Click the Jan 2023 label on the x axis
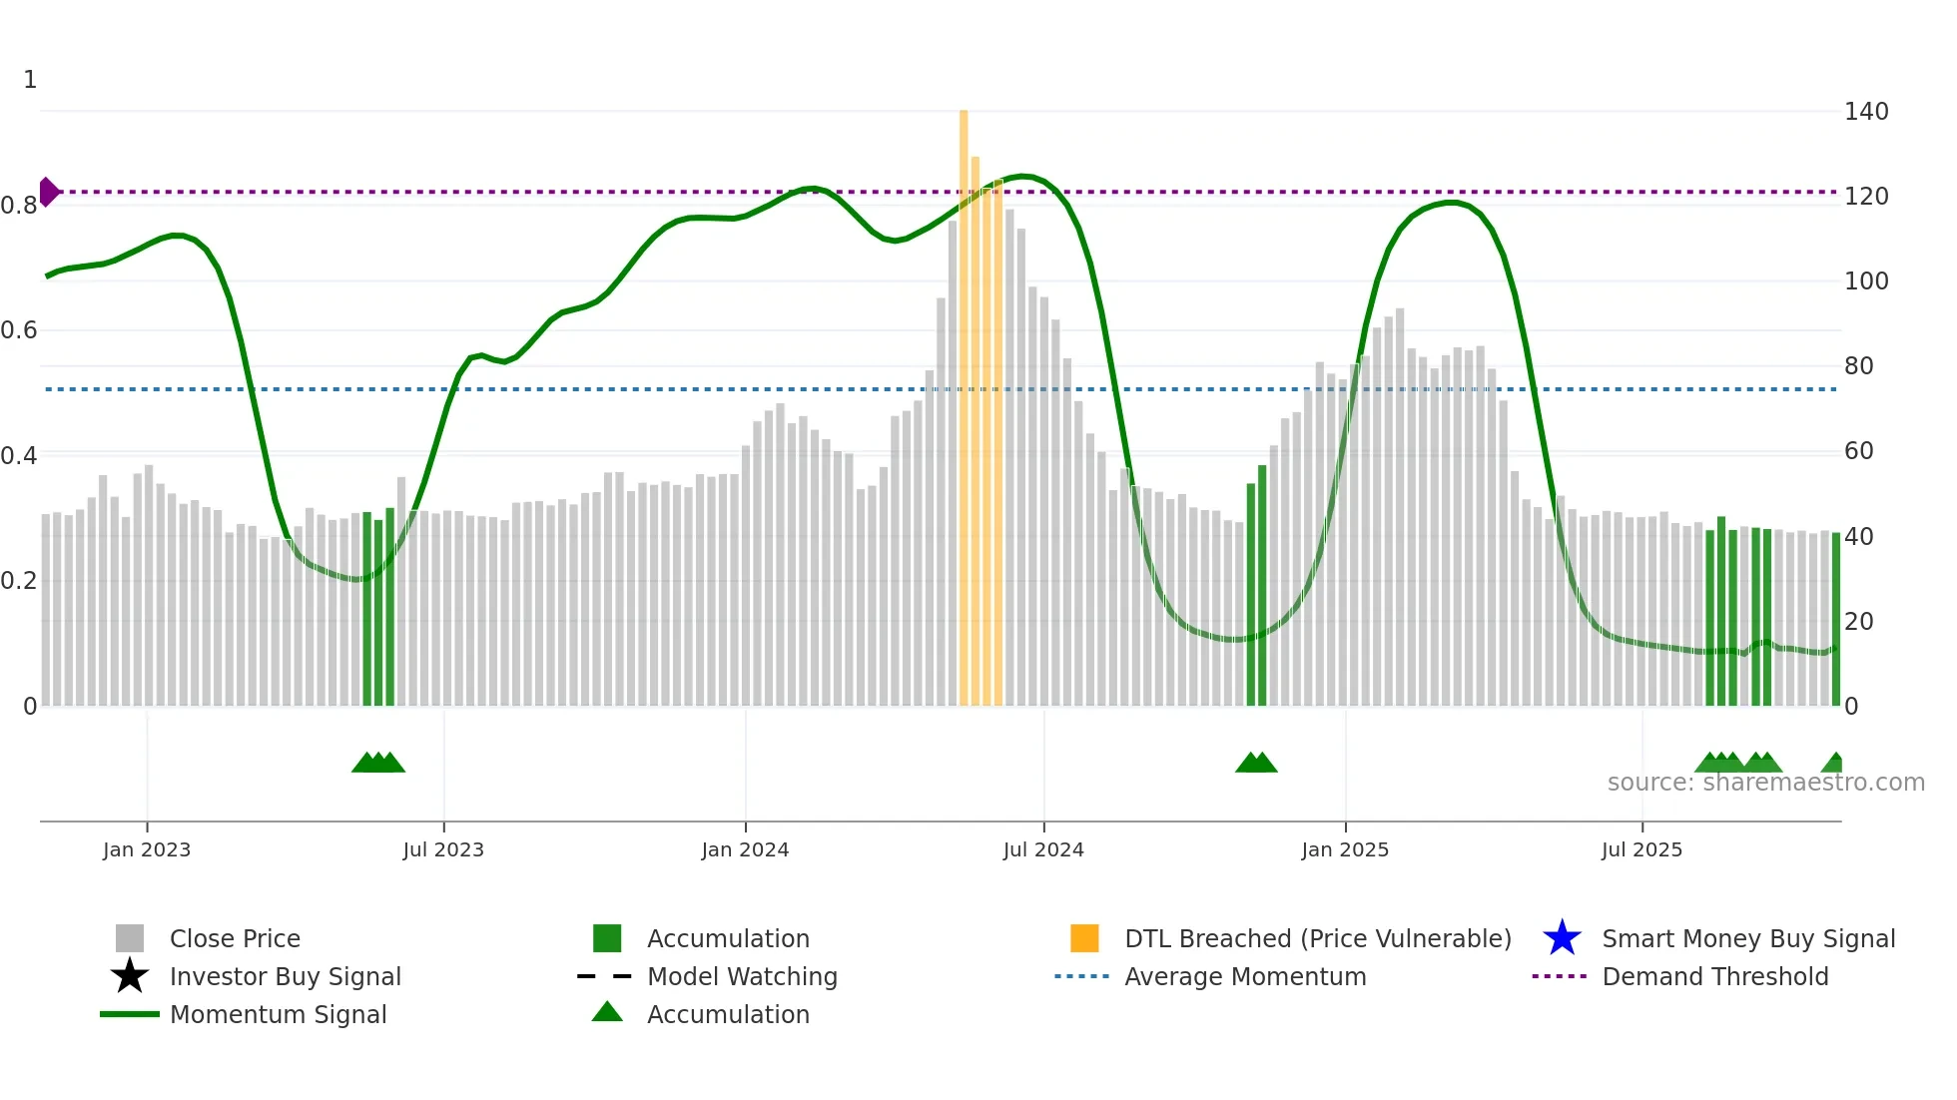147,850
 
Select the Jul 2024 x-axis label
1043,850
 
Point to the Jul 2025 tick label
1641,850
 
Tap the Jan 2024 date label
745,850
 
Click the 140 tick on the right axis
1866,112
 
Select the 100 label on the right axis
1866,281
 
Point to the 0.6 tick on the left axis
20,330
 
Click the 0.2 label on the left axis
20,581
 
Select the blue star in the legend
1562,938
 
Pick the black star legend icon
130,976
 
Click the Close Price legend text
235,939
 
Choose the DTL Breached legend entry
1317,939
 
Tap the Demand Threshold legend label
1714,977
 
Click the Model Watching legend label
742,977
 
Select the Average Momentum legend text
1245,977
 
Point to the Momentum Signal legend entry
278,1015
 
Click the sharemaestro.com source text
1765,783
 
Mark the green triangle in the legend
607,1012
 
